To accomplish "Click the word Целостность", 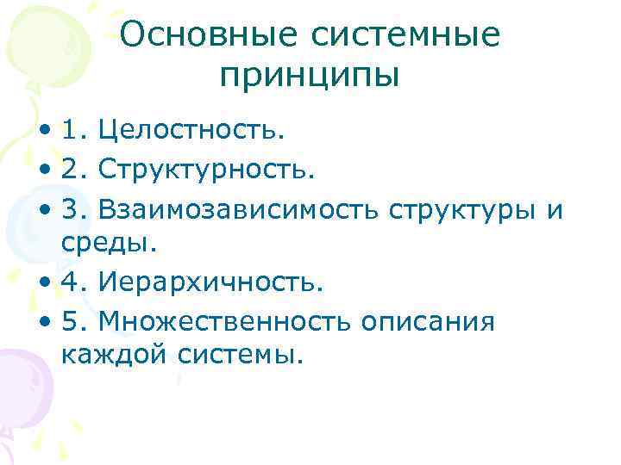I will pyautogui.click(x=191, y=132).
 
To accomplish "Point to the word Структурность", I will pyautogui.click(x=207, y=170).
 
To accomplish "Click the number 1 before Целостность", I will pyautogui.click(x=70, y=132).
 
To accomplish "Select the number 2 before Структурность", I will pyautogui.click(x=70, y=170).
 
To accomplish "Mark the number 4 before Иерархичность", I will pyautogui.click(x=70, y=281).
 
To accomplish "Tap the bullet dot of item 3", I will pyautogui.click(x=44, y=209).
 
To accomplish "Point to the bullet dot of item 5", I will pyautogui.click(x=44, y=321).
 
